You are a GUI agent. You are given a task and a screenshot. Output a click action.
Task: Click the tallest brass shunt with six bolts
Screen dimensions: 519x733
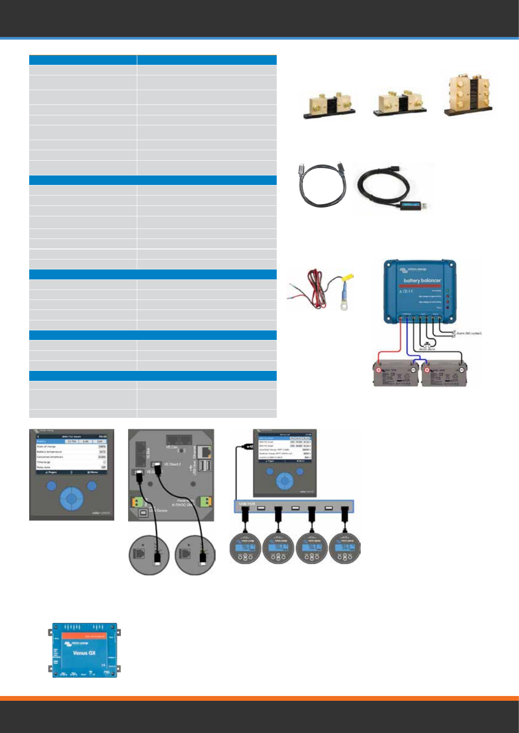click(x=468, y=94)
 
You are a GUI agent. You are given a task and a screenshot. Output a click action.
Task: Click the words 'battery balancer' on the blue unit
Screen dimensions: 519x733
click(x=422, y=280)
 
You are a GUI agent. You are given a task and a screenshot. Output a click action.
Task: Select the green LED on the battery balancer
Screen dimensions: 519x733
click(x=448, y=290)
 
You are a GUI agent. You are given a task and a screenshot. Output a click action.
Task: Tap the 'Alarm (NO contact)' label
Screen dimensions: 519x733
click(x=469, y=333)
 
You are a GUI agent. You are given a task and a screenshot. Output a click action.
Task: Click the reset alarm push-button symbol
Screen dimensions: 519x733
click(x=427, y=344)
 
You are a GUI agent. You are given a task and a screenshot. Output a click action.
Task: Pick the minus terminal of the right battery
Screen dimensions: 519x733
click(x=461, y=370)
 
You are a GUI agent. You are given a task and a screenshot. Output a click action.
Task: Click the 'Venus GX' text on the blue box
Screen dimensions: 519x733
click(x=84, y=653)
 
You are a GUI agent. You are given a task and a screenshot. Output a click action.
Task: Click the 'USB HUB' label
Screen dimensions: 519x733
click(x=247, y=504)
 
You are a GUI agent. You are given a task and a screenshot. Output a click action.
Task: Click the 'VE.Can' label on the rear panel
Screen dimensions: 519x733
click(x=171, y=447)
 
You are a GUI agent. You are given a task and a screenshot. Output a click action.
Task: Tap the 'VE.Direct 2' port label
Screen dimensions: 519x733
click(x=172, y=464)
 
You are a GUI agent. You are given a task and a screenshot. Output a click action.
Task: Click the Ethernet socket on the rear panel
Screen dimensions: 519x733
click(x=204, y=452)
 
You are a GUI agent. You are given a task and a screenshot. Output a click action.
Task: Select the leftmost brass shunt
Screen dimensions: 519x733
click(x=329, y=105)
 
